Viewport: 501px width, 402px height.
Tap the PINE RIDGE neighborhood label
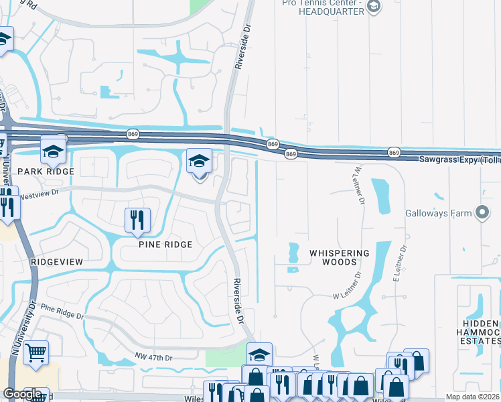165,245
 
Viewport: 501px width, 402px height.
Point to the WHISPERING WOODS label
339,257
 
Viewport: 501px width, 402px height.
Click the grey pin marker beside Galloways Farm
482,213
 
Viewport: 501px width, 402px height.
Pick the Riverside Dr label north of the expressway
239,48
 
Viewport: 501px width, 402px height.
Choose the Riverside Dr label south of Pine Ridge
238,301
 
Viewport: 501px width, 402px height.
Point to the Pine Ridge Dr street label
62,311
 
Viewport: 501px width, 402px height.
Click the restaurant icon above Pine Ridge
137,219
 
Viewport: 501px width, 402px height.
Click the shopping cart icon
36,351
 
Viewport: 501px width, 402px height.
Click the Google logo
22,394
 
